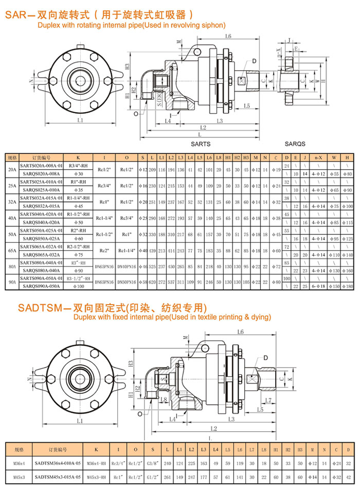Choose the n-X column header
pos(317,157)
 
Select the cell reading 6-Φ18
pos(317,286)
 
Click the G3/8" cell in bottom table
pos(153,463)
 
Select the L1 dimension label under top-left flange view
pos(80,120)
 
